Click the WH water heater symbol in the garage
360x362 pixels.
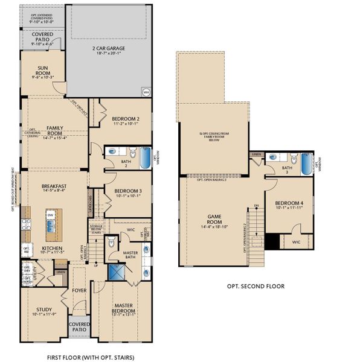coord(146,92)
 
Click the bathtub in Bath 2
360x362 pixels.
coord(146,158)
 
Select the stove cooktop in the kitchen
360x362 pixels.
coord(27,225)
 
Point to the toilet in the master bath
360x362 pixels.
coord(111,243)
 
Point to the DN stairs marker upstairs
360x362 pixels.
coord(256,206)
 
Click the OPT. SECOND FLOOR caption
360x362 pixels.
coord(256,286)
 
